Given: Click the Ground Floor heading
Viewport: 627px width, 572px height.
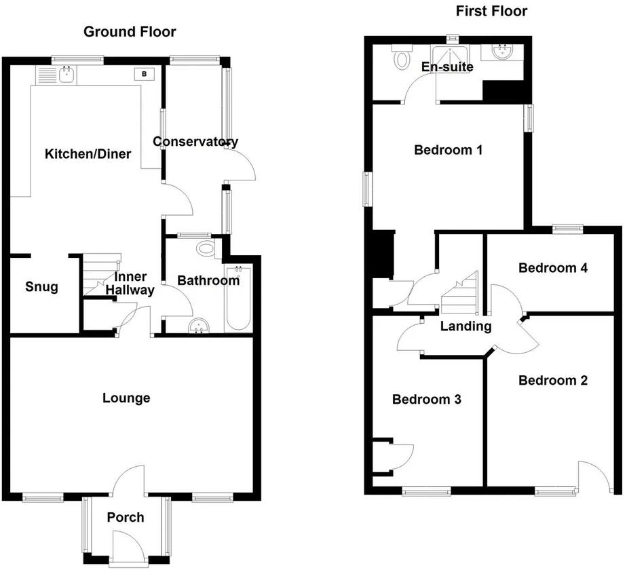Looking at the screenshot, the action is (130, 32).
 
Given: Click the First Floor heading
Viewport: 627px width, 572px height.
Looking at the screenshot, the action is (491, 11).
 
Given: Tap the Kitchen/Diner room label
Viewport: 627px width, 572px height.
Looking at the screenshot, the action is (88, 154).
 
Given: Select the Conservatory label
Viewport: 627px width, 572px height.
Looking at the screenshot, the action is (195, 142).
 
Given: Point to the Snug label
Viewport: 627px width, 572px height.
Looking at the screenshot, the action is (41, 287).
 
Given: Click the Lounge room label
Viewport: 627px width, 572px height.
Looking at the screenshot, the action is (126, 398).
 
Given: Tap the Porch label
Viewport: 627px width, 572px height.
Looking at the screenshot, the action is (126, 517).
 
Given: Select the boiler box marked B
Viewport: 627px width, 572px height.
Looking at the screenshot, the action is (145, 73).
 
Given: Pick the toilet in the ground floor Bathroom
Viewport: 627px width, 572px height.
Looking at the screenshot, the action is (205, 249).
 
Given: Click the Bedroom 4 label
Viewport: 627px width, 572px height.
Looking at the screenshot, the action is (552, 267).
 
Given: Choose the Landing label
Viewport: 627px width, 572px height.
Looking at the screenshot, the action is (465, 326).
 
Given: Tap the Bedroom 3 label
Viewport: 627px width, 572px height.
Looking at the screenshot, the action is (427, 400).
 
